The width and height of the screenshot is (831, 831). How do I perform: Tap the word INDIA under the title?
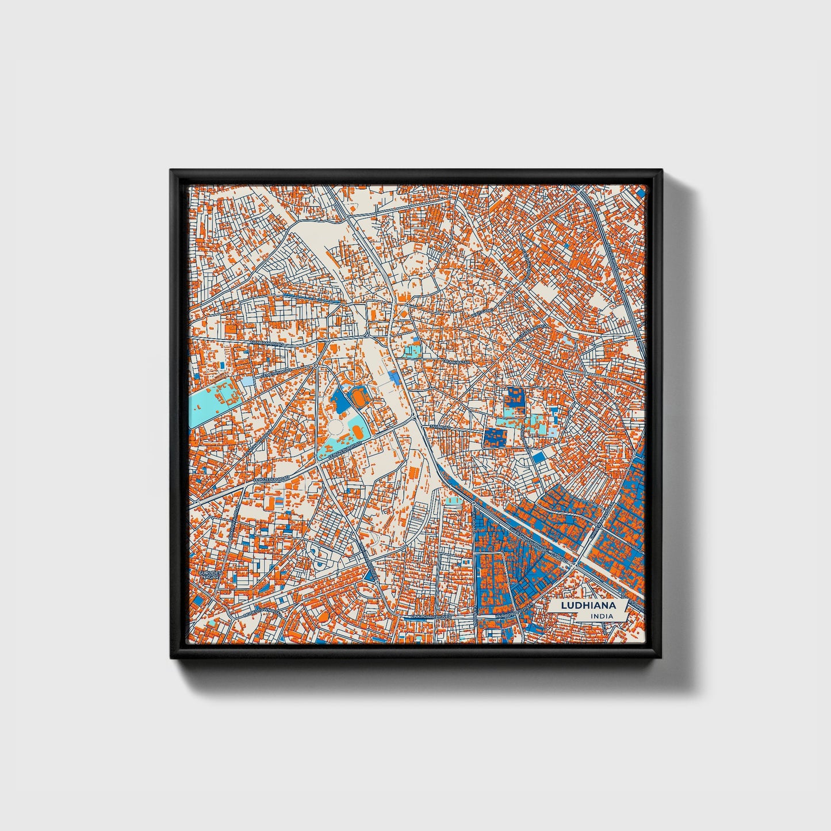click(x=602, y=616)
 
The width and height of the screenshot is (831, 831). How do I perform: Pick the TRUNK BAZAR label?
click(x=457, y=362)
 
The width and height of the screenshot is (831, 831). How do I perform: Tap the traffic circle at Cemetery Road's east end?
click(x=316, y=365)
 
